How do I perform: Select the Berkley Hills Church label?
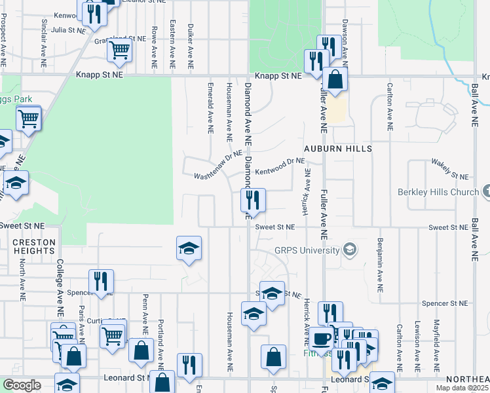[438, 192]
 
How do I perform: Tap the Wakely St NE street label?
[450, 169]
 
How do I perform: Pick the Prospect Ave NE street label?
[4, 40]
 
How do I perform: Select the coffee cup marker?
[321, 339]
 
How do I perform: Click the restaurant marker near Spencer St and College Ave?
[101, 281]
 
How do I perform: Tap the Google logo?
[22, 385]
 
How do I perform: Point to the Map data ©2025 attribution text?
[462, 388]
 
